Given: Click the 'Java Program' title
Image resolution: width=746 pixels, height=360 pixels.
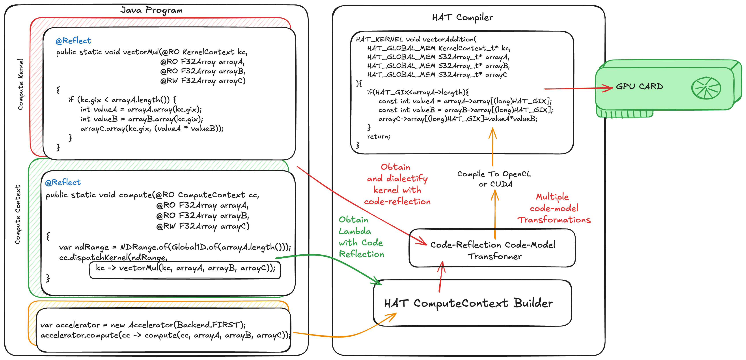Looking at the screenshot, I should point(151,10).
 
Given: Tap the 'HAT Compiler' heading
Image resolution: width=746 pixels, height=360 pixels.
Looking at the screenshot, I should point(462,17).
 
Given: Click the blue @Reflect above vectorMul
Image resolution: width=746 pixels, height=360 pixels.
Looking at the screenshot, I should point(73,41).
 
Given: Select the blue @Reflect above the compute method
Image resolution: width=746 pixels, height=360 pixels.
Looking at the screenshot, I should point(63,182).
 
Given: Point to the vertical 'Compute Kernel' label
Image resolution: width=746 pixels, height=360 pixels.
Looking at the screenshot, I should point(20,85).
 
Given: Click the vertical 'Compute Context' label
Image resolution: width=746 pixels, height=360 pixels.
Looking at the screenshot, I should point(18,215).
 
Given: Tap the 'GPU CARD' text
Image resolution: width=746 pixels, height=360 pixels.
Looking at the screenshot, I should point(639,86).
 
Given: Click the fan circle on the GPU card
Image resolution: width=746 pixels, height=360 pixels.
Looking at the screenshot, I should point(706,88).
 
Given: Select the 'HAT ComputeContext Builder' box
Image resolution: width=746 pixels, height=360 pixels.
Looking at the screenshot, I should point(472,303).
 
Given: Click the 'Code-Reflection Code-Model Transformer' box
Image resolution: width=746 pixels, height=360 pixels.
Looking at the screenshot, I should point(492,250).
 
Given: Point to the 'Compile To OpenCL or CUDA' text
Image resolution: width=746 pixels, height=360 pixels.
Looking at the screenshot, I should point(494,179).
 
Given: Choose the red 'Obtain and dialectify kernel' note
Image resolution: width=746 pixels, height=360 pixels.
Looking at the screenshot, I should point(397,184).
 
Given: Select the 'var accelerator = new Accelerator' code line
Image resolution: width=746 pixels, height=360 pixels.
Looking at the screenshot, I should point(143,325).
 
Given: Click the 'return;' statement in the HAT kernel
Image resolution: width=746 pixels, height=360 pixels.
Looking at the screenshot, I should point(379,136).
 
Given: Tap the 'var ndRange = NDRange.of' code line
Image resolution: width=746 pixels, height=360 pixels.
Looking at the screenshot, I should point(175,247).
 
